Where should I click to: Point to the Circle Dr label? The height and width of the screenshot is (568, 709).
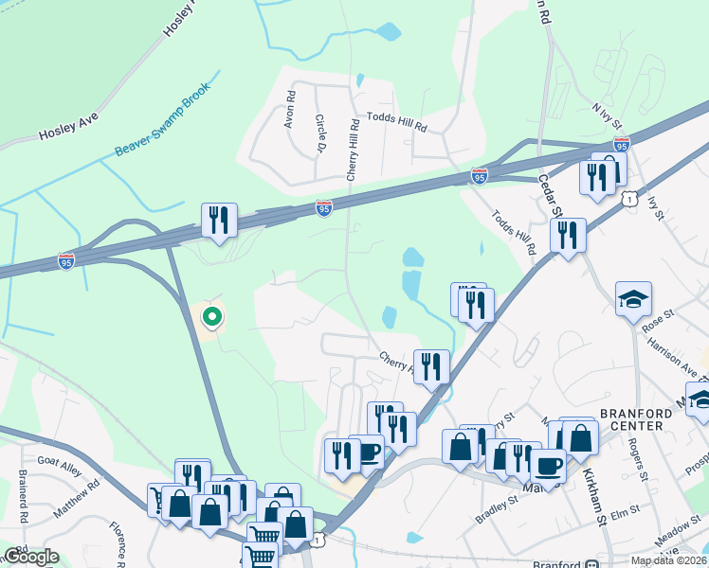pyautogui.click(x=319, y=134)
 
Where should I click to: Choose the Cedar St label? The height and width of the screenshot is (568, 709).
pyautogui.click(x=551, y=195)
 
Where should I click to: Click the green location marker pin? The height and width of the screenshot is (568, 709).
pyautogui.click(x=212, y=316)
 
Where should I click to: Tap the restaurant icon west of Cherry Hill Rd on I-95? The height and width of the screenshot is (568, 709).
pyautogui.click(x=219, y=221)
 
